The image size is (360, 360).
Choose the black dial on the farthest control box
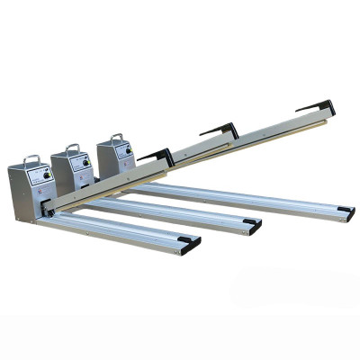(128, 150)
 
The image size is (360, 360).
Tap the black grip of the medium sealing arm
(220, 130)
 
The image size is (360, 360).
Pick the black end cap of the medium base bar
(255, 225)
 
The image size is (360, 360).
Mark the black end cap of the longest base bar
(346, 211)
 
